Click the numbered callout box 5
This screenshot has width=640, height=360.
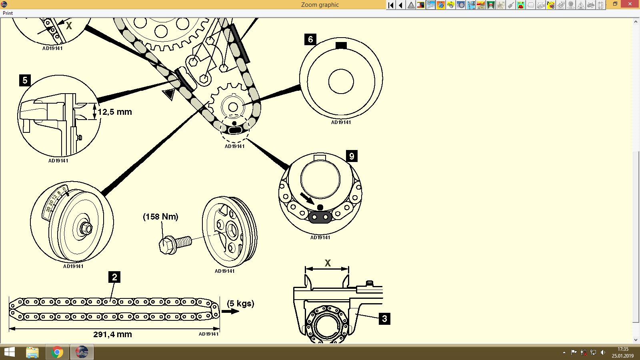25,80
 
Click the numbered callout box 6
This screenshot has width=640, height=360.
310,39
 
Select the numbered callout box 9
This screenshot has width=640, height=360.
352,156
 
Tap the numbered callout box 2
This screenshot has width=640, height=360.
114,277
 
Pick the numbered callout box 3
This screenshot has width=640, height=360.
384,319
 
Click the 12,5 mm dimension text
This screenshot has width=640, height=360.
115,112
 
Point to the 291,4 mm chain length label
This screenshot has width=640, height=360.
112,334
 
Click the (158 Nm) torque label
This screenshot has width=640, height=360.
160,217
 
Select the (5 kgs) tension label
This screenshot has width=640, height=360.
240,303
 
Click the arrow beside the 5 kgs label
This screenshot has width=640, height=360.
230,311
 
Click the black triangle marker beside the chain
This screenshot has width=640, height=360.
169,94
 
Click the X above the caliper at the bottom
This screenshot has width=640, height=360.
328,263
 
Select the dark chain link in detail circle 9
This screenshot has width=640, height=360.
320,217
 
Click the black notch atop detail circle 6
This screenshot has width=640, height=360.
341,46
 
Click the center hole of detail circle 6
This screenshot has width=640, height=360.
341,81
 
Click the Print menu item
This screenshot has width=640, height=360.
8,13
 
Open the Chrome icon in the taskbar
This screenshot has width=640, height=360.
57,352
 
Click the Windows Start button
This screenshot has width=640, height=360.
9,352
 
